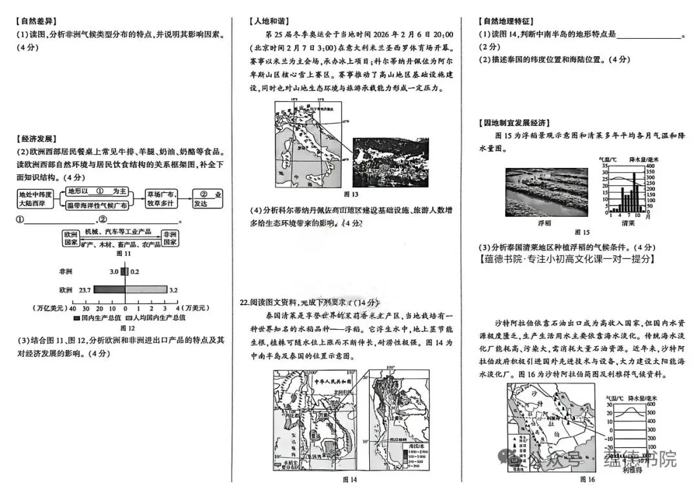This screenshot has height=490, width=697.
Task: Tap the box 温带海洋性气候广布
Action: click(x=97, y=205)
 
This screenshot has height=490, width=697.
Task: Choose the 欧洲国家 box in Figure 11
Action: click(x=70, y=238)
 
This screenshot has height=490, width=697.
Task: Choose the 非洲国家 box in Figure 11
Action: click(x=170, y=238)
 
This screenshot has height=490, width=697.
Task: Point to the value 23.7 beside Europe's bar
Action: click(x=84, y=290)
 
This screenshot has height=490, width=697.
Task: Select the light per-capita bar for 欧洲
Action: click(x=146, y=290)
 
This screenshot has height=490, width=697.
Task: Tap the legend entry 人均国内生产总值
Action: click(x=159, y=318)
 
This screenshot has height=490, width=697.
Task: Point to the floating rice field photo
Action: click(x=546, y=191)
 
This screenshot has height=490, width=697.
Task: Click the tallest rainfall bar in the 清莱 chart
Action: click(x=633, y=192)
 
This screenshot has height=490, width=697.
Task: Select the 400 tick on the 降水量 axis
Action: click(x=649, y=167)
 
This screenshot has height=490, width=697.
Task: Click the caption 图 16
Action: click(x=587, y=479)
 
